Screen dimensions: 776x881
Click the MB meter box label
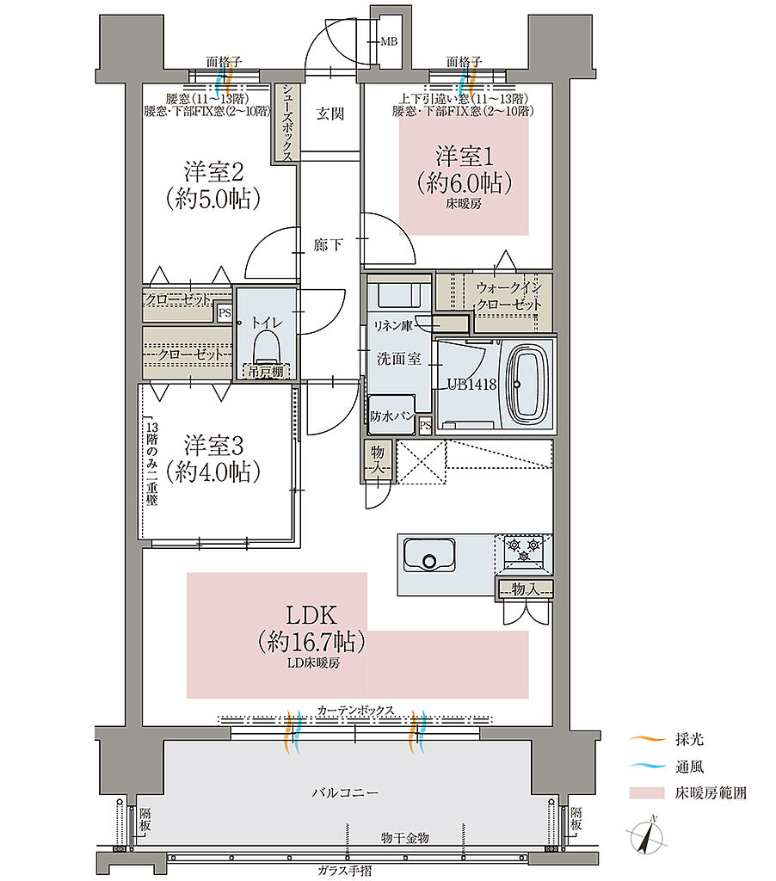389,41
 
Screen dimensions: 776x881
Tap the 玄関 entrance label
329,114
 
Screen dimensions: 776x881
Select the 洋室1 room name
465,157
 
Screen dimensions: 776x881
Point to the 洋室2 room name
213,172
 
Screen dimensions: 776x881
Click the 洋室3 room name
213,446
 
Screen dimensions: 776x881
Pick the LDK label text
311,615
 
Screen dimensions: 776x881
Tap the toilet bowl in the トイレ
267,346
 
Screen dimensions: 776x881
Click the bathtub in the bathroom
527,385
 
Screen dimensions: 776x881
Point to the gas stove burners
523,549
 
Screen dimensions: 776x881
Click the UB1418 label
472,385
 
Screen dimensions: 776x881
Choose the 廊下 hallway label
328,245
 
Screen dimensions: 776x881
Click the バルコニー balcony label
345,792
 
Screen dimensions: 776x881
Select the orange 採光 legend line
647,739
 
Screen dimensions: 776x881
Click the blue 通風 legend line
647,766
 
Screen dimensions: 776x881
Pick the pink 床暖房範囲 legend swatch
647,792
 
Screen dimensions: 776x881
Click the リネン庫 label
393,326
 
